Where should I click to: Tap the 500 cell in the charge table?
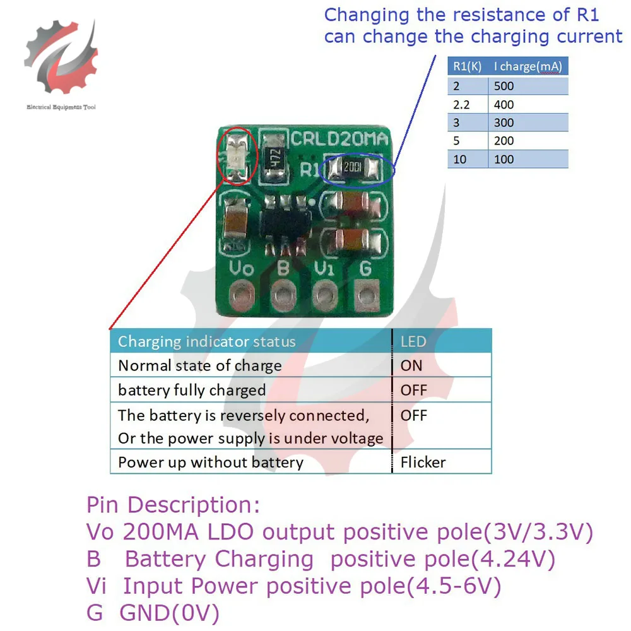coord(505,86)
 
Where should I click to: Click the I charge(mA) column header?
coord(528,66)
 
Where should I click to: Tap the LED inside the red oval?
coord(237,153)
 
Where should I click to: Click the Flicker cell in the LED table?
coord(423,463)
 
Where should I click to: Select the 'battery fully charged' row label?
coord(192,390)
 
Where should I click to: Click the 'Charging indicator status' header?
coord(207,342)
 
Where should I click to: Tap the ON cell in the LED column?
coord(412,365)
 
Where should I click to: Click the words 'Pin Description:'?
coord(173,505)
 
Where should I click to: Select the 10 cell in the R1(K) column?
coord(460,159)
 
